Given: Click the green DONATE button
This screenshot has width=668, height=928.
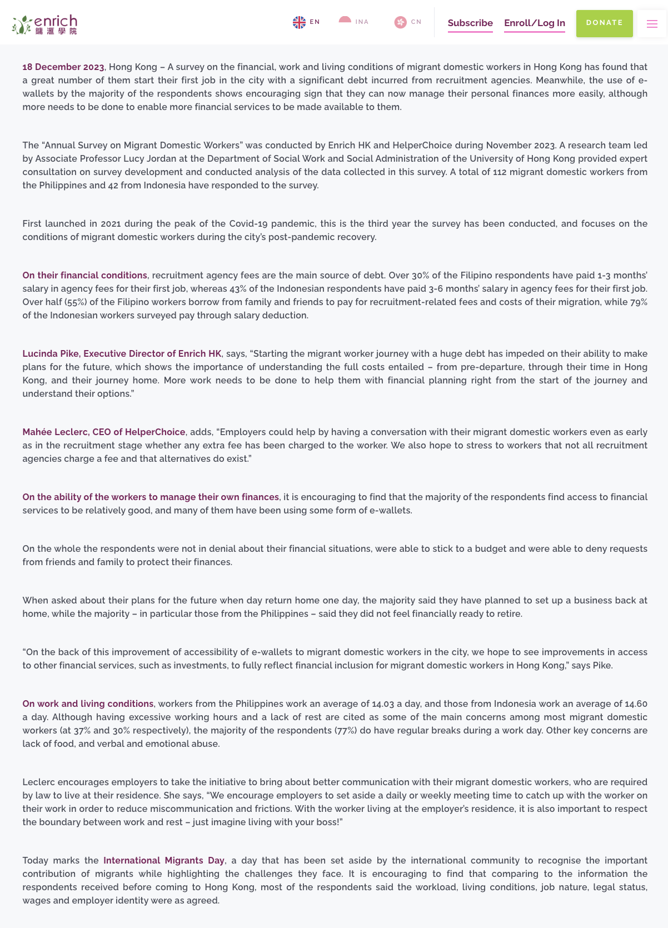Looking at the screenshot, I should [x=604, y=23].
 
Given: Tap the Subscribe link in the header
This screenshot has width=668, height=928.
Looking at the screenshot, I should [x=470, y=23].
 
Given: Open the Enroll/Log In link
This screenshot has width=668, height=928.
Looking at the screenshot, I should [x=534, y=23].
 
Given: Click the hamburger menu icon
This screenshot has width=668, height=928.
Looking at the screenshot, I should [x=652, y=24].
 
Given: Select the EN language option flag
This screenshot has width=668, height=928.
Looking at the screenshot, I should [x=300, y=22].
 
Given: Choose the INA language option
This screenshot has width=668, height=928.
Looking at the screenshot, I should [x=345, y=22].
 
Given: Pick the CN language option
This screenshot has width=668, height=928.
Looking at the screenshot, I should [x=401, y=22].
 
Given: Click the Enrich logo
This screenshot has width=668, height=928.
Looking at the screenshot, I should [x=44, y=24].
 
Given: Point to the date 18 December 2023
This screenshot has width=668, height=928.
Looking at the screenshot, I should [x=63, y=67].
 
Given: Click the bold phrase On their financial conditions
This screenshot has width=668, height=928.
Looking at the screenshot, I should [x=84, y=276].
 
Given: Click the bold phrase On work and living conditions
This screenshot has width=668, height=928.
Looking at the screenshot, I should [x=88, y=704].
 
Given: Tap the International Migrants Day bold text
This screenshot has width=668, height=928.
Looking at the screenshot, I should [x=164, y=861].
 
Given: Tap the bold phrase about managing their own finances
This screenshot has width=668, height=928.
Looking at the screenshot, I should [x=151, y=497].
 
